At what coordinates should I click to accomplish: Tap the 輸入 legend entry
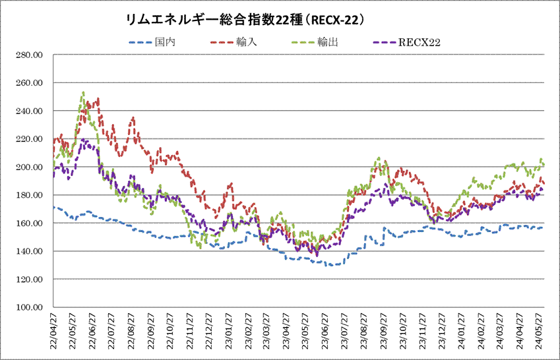(x=243, y=42)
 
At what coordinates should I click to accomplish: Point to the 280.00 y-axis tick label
(x=29, y=55)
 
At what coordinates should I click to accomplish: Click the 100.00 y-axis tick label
(x=29, y=308)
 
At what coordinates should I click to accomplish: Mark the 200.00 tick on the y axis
(x=29, y=167)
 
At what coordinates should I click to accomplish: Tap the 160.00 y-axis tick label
(x=29, y=224)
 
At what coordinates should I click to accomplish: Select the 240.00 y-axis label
(x=29, y=111)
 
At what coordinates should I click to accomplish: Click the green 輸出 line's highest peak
(x=82, y=92)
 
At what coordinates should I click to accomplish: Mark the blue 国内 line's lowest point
(x=330, y=265)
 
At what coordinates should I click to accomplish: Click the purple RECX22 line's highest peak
(x=83, y=140)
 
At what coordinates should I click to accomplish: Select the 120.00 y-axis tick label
(x=29, y=280)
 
